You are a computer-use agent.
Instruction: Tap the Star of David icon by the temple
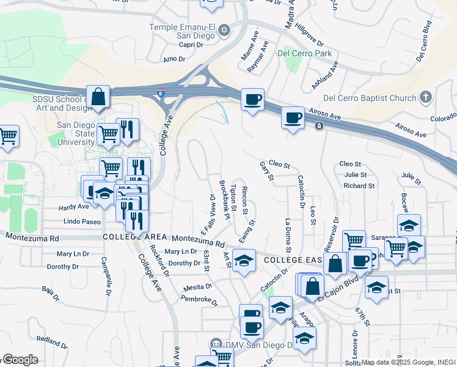pyautogui.click(x=224, y=29)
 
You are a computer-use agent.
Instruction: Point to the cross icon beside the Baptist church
pyautogui.click(x=426, y=97)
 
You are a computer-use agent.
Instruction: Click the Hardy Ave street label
pyautogui.click(x=73, y=207)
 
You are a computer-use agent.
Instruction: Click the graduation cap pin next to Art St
pyautogui.click(x=244, y=261)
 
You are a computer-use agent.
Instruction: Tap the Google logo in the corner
pyautogui.click(x=20, y=360)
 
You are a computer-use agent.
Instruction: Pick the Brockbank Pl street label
pyautogui.click(x=224, y=199)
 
